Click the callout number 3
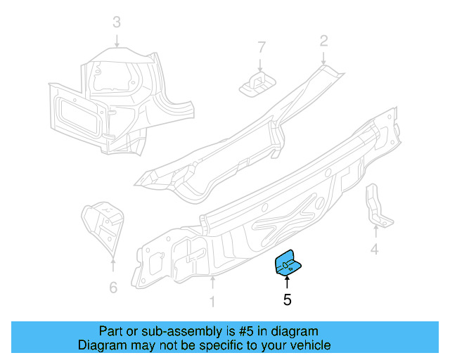click(x=117, y=22)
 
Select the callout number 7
click(x=262, y=47)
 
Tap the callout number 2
click(x=323, y=41)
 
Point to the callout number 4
click(x=375, y=248)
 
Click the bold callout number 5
click(x=287, y=300)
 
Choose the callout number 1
click(x=212, y=302)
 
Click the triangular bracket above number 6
click(x=101, y=226)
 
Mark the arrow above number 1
click(x=212, y=283)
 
